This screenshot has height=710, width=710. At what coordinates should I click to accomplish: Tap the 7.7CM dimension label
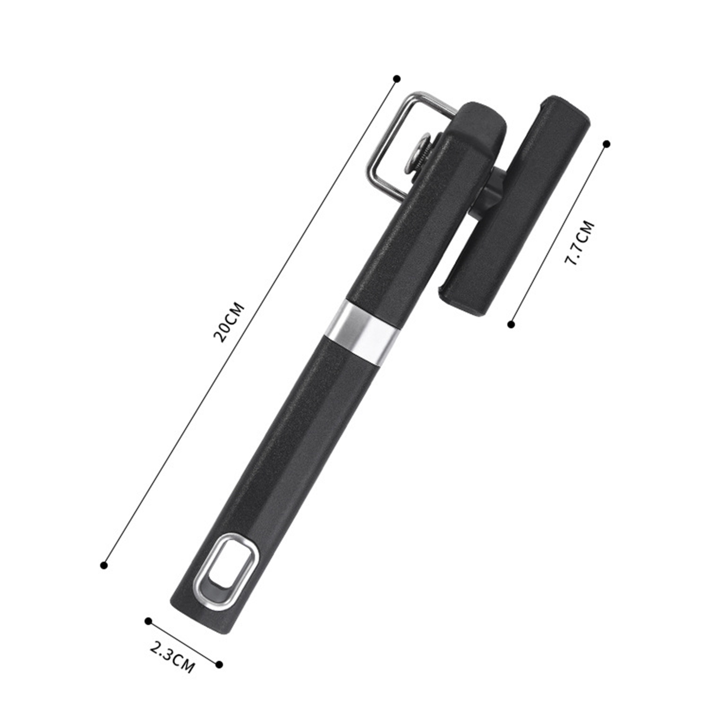(x=579, y=243)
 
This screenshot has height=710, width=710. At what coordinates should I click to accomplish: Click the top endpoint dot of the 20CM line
(x=397, y=79)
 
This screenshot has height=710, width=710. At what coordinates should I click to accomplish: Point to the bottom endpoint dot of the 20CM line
(x=104, y=565)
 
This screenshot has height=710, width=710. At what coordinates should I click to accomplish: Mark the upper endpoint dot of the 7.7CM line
(x=607, y=144)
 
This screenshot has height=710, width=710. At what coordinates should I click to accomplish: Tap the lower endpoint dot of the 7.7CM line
(x=511, y=325)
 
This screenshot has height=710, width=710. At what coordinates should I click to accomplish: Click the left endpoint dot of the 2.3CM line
(x=148, y=621)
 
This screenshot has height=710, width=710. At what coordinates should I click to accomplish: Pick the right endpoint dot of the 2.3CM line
(x=219, y=664)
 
